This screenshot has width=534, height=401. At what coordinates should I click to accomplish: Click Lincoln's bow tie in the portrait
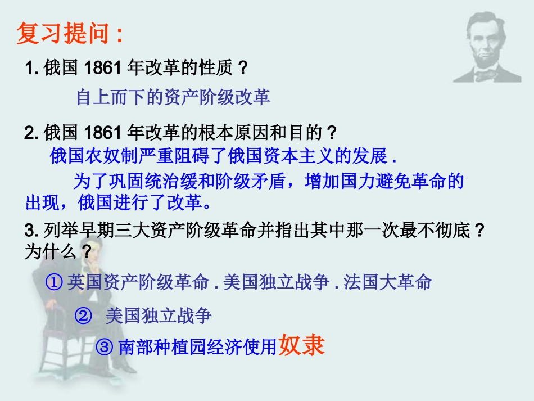[x=485, y=74]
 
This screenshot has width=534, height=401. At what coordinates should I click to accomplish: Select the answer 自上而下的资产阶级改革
[x=173, y=97]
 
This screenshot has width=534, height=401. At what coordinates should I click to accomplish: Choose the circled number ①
[x=55, y=282]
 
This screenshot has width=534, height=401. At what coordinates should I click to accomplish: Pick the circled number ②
[x=83, y=316]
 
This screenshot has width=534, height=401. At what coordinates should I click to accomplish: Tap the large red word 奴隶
[x=302, y=345]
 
